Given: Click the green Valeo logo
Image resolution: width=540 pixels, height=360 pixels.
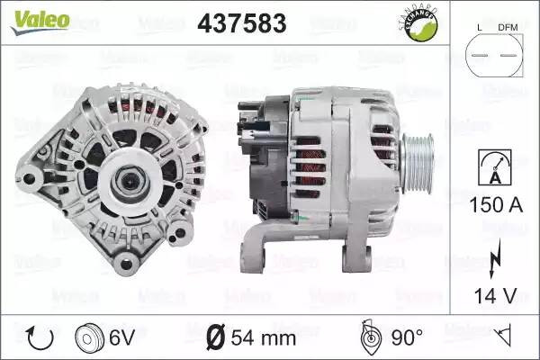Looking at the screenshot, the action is (40, 22).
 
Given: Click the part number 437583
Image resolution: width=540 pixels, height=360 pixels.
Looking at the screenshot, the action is (242, 23).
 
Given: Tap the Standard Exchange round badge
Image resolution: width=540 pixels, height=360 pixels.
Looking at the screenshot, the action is (419, 24).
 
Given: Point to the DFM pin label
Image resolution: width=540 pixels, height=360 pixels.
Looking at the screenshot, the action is (508, 28).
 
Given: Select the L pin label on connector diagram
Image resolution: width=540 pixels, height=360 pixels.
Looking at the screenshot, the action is (480, 28).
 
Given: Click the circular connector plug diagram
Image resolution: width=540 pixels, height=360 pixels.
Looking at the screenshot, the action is (494, 55).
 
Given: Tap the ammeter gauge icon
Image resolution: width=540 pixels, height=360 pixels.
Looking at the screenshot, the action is (494, 167).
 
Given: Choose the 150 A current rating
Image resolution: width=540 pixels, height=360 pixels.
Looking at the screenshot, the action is (496, 204).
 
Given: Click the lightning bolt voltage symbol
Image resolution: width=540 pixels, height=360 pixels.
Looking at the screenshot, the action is (494, 258).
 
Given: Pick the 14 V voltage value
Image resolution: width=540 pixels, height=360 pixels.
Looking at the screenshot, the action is (496, 295).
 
